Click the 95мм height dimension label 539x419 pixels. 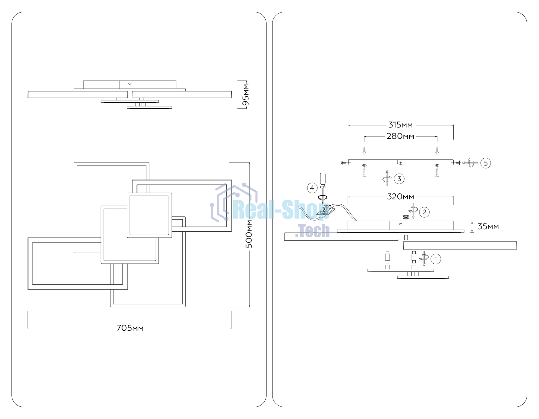[x=246, y=95]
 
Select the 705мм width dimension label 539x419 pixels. [x=130, y=328]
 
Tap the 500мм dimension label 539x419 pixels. [x=249, y=234]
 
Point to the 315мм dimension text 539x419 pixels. [x=400, y=125]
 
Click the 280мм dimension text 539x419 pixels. [x=400, y=136]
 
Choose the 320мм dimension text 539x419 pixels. [x=400, y=197]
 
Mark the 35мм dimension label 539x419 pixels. [x=488, y=227]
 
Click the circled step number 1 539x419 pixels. [x=436, y=259]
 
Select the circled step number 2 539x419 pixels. [x=424, y=212]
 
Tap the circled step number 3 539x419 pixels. [x=399, y=179]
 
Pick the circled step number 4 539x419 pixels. [x=312, y=188]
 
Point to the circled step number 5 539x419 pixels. [x=486, y=163]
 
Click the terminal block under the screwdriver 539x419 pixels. [x=325, y=210]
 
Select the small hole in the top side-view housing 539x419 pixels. [x=130, y=84]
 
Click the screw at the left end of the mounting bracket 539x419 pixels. [x=344, y=163]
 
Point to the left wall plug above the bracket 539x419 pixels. [x=364, y=151]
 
